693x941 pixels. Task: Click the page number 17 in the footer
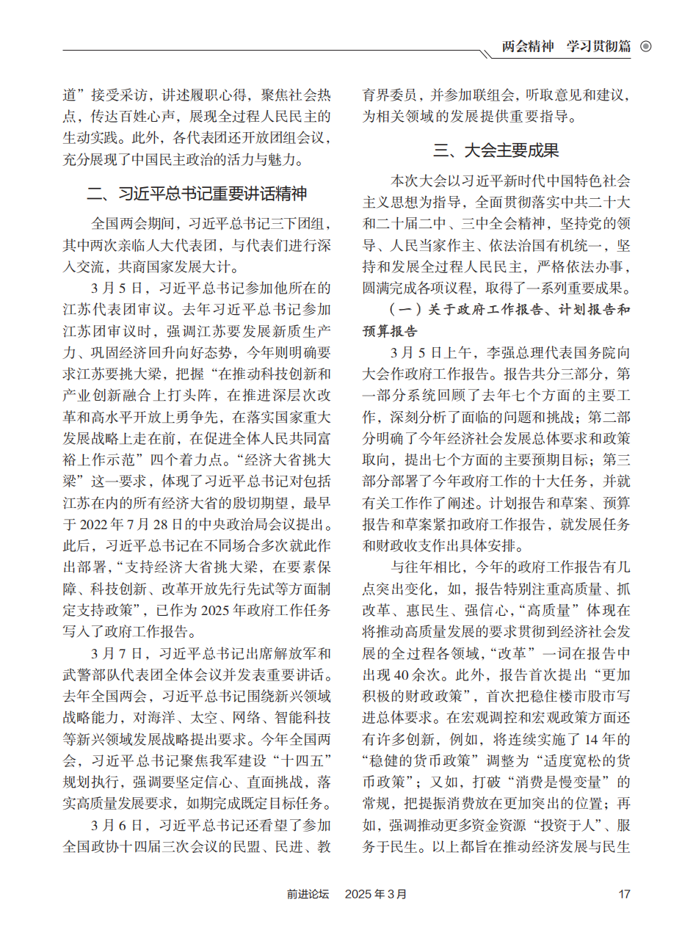coord(625,894)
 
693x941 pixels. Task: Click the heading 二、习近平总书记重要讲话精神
coord(196,194)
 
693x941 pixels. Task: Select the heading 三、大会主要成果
coord(496,150)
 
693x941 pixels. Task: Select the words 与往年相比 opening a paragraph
coord(425,567)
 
